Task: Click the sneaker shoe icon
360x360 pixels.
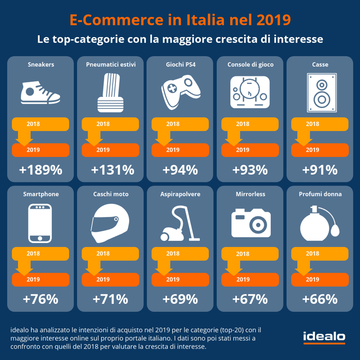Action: pyautogui.click(x=40, y=93)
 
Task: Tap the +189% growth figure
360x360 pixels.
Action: pyautogui.click(x=40, y=170)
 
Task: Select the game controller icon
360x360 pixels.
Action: pyautogui.click(x=181, y=92)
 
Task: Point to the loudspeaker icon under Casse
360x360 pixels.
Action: pyautogui.click(x=322, y=93)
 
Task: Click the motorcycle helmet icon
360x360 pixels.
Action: pyautogui.click(x=110, y=223)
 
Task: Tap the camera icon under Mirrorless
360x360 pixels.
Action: pyautogui.click(x=251, y=223)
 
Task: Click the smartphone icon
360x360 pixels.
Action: pyautogui.click(x=40, y=223)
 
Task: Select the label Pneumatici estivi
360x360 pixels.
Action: pyautogui.click(x=111, y=64)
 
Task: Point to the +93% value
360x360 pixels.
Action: pyautogui.click(x=250, y=170)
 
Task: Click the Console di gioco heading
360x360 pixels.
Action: pyautogui.click(x=251, y=64)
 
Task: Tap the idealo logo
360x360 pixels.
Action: pyautogui.click(x=324, y=337)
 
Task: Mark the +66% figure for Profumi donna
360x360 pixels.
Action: pyautogui.click(x=320, y=299)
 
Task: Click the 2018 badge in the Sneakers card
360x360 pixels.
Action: pyautogui.click(x=40, y=124)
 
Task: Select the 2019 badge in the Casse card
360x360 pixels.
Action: pyautogui.click(x=320, y=150)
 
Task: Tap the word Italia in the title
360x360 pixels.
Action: pyautogui.click(x=205, y=20)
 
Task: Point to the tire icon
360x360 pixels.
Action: pyautogui.click(x=110, y=93)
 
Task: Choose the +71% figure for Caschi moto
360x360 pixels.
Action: pyautogui.click(x=110, y=299)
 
